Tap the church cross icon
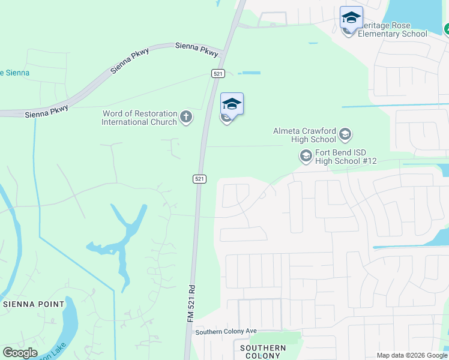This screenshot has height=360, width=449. pyautogui.click(x=186, y=116)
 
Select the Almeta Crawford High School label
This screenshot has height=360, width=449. pyautogui.click(x=304, y=134)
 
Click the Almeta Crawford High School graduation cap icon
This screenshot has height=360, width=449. pyautogui.click(x=345, y=134)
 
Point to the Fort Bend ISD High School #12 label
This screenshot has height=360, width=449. pyautogui.click(x=341, y=157)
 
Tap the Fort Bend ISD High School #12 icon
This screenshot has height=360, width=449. pyautogui.click(x=306, y=157)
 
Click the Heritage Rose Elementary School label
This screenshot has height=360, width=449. pyautogui.click(x=393, y=30)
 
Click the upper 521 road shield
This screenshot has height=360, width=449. pyautogui.click(x=218, y=73)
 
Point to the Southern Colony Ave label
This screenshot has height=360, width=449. pyautogui.click(x=226, y=331)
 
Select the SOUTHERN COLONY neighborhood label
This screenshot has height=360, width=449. pyautogui.click(x=263, y=352)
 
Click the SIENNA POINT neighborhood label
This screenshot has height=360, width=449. pyautogui.click(x=34, y=304)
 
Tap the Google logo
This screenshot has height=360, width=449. pyautogui.click(x=20, y=353)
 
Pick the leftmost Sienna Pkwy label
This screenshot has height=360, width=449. pyautogui.click(x=47, y=111)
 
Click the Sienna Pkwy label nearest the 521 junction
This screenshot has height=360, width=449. pyautogui.click(x=196, y=49)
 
